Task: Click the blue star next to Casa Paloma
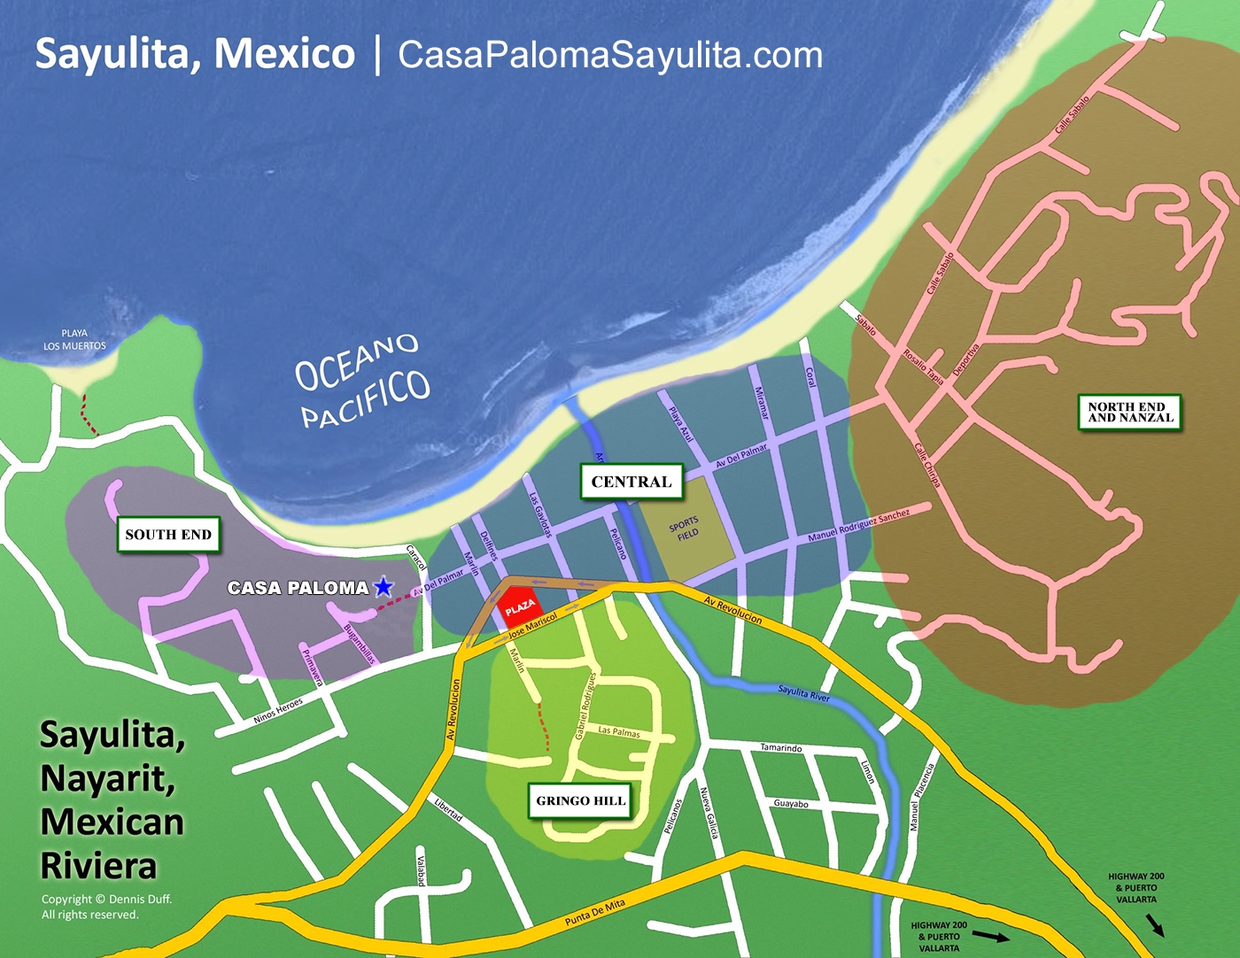[384, 586]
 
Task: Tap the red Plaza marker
[519, 606]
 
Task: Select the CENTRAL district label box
[632, 482]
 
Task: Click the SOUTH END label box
[168, 535]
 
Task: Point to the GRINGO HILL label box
[581, 800]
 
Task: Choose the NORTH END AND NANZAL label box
[1130, 413]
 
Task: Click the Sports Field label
[685, 529]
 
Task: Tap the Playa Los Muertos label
[74, 340]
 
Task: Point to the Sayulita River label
[804, 693]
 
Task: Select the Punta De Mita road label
[594, 913]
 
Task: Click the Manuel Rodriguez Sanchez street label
[858, 526]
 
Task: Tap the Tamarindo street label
[781, 748]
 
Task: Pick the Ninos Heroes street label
[278, 710]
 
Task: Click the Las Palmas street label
[619, 732]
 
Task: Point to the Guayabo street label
[791, 804]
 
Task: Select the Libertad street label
[448, 809]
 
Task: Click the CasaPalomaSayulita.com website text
[610, 55]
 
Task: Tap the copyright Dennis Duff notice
[106, 907]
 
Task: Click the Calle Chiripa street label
[927, 465]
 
